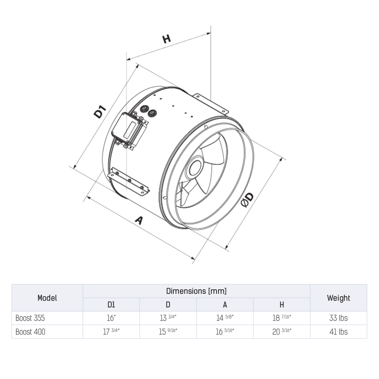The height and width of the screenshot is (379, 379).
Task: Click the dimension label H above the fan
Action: coord(166,38)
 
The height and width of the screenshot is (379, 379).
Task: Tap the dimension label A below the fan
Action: coord(139,220)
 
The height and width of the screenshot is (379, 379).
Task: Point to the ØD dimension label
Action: coord(247,200)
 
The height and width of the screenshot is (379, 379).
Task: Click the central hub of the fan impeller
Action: coord(195,167)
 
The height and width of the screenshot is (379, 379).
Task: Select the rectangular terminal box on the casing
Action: coord(129,130)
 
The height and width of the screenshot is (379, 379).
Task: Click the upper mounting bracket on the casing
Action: coord(210,103)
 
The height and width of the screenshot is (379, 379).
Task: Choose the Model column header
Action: coord(47,298)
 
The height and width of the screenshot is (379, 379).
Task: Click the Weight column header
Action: coord(338,298)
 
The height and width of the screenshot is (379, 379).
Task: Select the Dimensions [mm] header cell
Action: coord(196,291)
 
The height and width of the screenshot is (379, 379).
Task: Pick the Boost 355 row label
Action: coord(30,318)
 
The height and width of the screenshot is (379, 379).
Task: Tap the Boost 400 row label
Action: coord(31,332)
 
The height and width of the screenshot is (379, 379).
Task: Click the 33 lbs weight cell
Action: coord(338,318)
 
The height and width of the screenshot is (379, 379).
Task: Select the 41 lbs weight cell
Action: coord(338,332)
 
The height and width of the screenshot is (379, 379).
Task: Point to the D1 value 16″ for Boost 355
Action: coord(111,318)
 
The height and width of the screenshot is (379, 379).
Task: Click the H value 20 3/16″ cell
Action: coord(282,332)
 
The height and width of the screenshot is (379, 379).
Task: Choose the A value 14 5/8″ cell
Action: coord(225,318)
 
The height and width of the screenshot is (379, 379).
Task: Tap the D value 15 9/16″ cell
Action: coord(168,332)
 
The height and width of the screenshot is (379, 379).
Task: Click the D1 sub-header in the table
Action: coord(111,305)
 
